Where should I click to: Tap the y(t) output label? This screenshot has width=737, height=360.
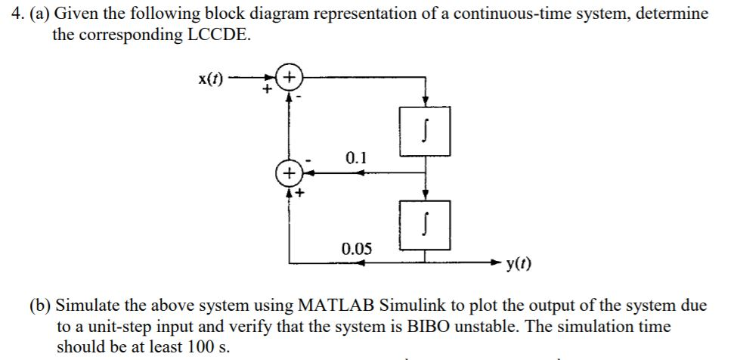click(x=519, y=263)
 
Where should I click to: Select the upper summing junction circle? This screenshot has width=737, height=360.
click(x=289, y=78)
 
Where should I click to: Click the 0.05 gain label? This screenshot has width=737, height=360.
click(x=356, y=248)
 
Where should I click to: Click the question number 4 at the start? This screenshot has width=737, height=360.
click(x=8, y=14)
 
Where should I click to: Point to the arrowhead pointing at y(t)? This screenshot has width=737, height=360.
click(x=496, y=263)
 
